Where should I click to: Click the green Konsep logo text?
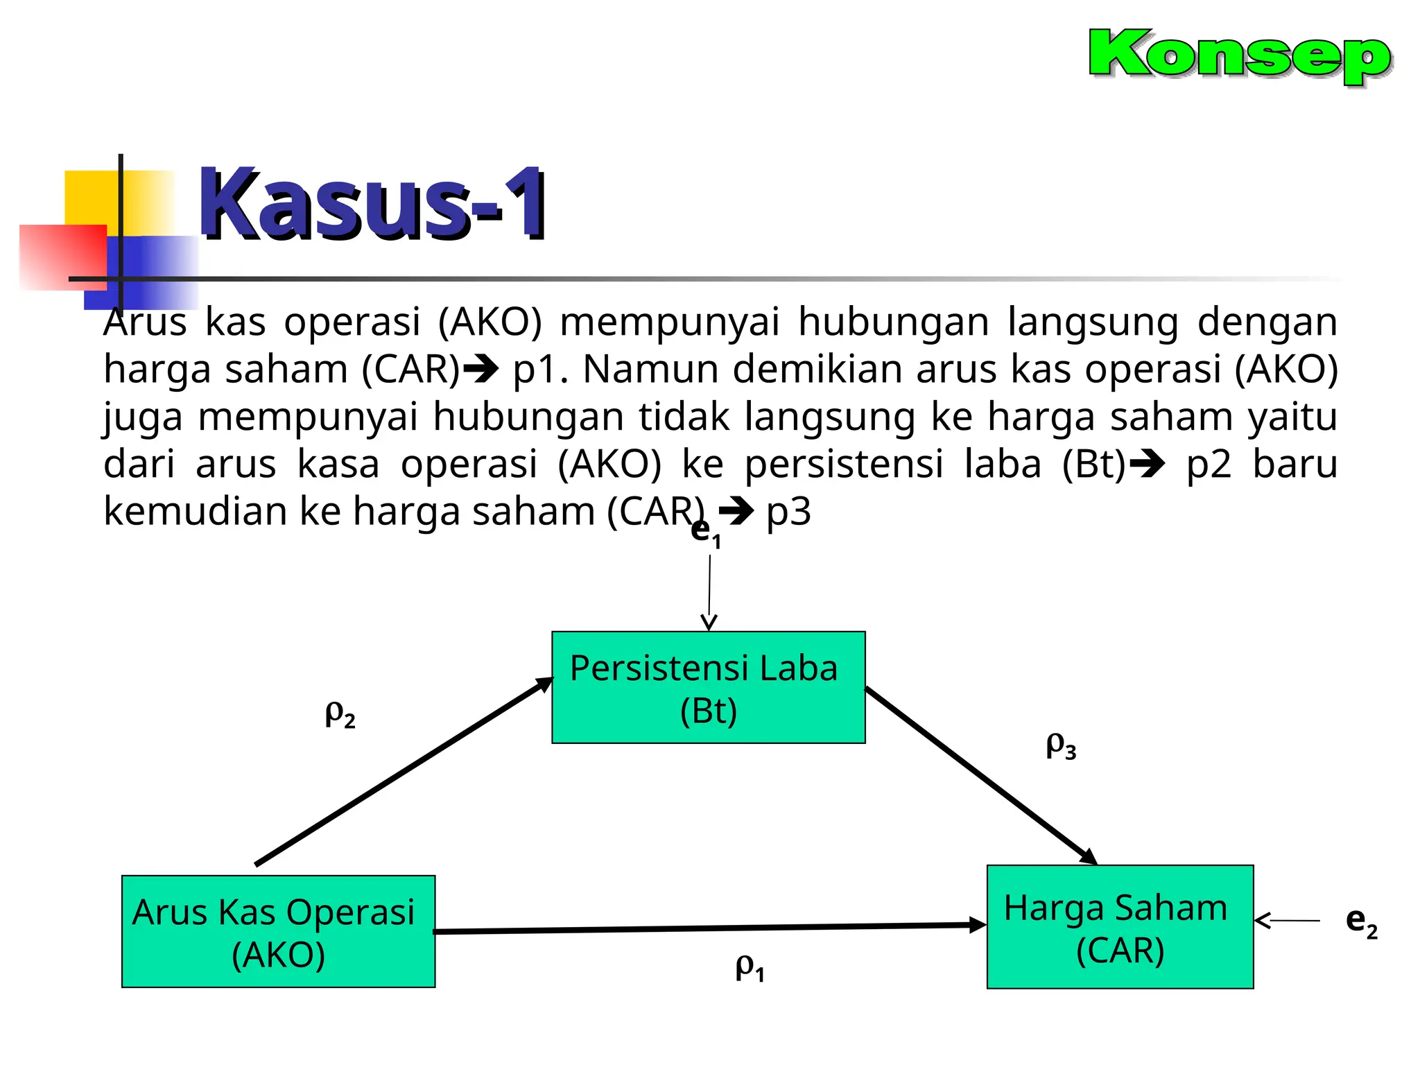pyautogui.click(x=1239, y=55)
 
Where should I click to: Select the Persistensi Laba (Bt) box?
pyautogui.click(x=708, y=687)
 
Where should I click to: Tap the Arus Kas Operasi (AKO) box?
pyautogui.click(x=278, y=931)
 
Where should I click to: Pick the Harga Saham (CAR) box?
pyautogui.click(x=1119, y=926)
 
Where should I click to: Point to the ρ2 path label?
pyautogui.click(x=340, y=713)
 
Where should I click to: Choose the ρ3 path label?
pyautogui.click(x=1061, y=745)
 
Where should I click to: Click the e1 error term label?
pyautogui.click(x=706, y=532)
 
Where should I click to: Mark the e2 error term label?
pyautogui.click(x=1361, y=921)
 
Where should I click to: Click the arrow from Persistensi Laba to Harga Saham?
pyautogui.click(x=980, y=776)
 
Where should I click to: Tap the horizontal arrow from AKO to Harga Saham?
pyautogui.click(x=707, y=928)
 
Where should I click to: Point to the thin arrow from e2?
pyautogui.click(x=1288, y=921)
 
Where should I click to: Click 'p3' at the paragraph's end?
pyautogui.click(x=788, y=512)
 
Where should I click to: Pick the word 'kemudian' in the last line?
pyautogui.click(x=195, y=512)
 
